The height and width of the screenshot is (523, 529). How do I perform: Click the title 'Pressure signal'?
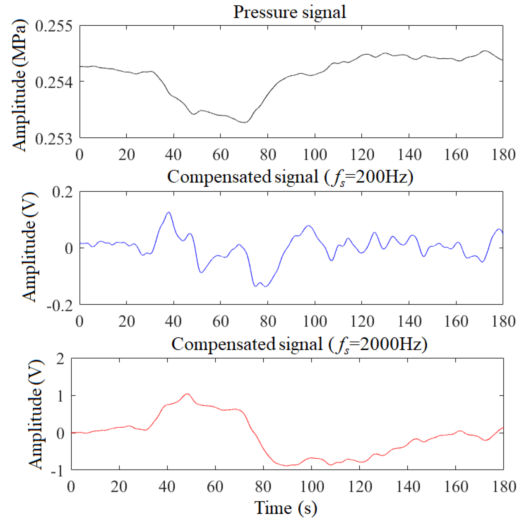point(289,12)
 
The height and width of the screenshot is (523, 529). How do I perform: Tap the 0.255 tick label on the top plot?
point(53,26)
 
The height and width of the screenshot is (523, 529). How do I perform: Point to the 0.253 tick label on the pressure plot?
point(53,138)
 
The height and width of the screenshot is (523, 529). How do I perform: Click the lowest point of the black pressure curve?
point(245,122)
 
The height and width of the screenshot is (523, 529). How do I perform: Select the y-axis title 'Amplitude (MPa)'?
point(19,85)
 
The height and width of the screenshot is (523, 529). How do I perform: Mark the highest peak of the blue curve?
point(169,212)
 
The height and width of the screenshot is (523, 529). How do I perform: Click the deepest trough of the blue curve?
point(265,287)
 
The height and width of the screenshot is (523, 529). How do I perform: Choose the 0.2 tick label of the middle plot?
point(62,192)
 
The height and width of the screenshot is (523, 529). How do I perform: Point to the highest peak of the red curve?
point(187,394)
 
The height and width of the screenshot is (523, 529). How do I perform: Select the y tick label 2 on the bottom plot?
point(60,359)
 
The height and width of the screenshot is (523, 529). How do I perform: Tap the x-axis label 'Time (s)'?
point(286,508)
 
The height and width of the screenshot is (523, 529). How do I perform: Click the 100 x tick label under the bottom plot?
point(312,487)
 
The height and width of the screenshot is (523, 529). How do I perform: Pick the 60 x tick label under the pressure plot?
point(221,155)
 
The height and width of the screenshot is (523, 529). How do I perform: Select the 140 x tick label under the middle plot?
point(409,321)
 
